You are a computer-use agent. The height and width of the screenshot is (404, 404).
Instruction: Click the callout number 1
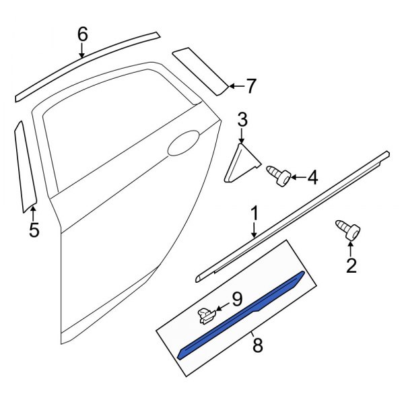[255, 214]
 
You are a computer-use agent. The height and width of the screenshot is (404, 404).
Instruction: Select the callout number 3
[242, 121]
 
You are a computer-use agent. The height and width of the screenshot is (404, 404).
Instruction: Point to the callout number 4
[312, 178]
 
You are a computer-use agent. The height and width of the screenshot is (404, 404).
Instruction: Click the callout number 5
[34, 231]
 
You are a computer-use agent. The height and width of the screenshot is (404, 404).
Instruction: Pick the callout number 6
[82, 33]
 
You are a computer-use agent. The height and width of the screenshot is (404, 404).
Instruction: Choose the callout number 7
[250, 86]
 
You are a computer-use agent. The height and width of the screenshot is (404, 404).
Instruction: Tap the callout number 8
[257, 346]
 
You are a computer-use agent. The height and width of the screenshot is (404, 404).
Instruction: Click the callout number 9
[236, 297]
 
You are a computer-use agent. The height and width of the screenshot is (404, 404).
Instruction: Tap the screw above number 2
[347, 231]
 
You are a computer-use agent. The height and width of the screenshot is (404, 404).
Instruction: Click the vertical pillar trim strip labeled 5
[26, 162]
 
